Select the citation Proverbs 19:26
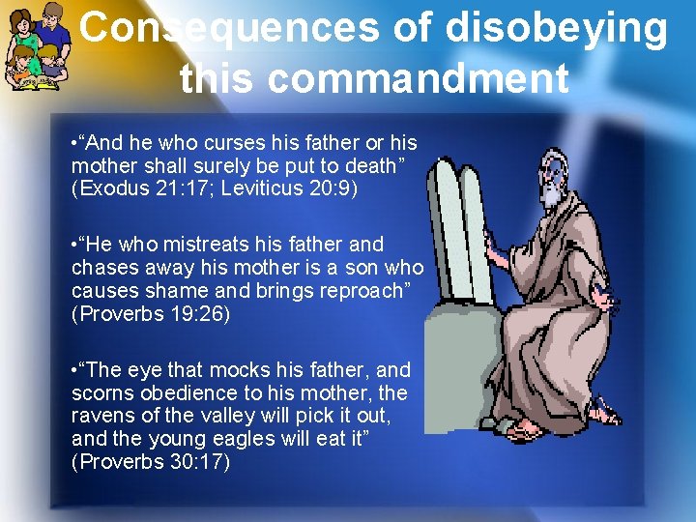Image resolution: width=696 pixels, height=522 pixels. [x=151, y=314]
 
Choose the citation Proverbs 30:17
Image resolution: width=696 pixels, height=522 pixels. [x=151, y=463]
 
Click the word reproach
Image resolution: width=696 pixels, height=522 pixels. [x=368, y=291]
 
